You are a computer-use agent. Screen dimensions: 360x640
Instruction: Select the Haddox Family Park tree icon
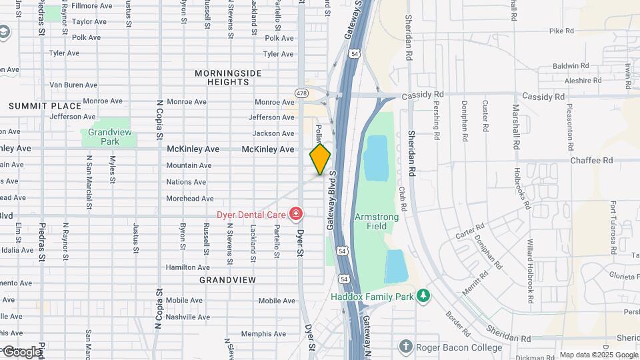[422, 295]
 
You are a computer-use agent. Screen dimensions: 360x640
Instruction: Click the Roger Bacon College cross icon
[405, 347]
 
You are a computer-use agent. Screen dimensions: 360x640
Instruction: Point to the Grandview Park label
[108, 137]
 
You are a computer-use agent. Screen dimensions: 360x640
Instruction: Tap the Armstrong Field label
[377, 222]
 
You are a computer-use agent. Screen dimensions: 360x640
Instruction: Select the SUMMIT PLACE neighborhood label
[45, 106]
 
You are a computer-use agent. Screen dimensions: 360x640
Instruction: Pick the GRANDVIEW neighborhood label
[227, 280]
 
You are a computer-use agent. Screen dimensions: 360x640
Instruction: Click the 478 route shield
[301, 91]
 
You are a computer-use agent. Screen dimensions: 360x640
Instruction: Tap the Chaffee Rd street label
[591, 161]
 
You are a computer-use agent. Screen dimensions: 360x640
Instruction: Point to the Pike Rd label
[561, 31]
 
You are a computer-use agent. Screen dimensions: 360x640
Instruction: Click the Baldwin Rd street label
[571, 66]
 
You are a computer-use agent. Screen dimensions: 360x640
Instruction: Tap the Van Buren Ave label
[73, 85]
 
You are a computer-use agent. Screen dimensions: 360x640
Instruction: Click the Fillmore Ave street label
[91, 5]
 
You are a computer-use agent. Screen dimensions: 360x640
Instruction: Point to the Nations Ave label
[186, 182]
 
